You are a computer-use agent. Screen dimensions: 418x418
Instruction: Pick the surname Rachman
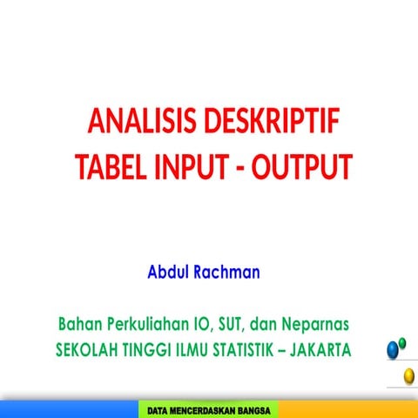point(228,272)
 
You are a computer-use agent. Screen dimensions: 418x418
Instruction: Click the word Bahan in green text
point(79,324)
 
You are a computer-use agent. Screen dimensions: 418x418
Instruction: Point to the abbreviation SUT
point(233,324)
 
